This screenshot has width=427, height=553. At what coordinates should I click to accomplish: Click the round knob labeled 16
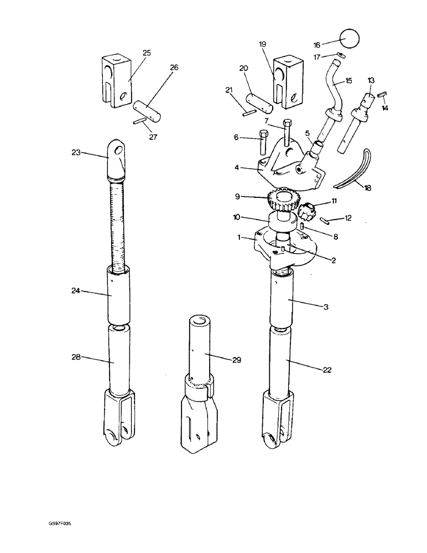coord(349,40)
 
